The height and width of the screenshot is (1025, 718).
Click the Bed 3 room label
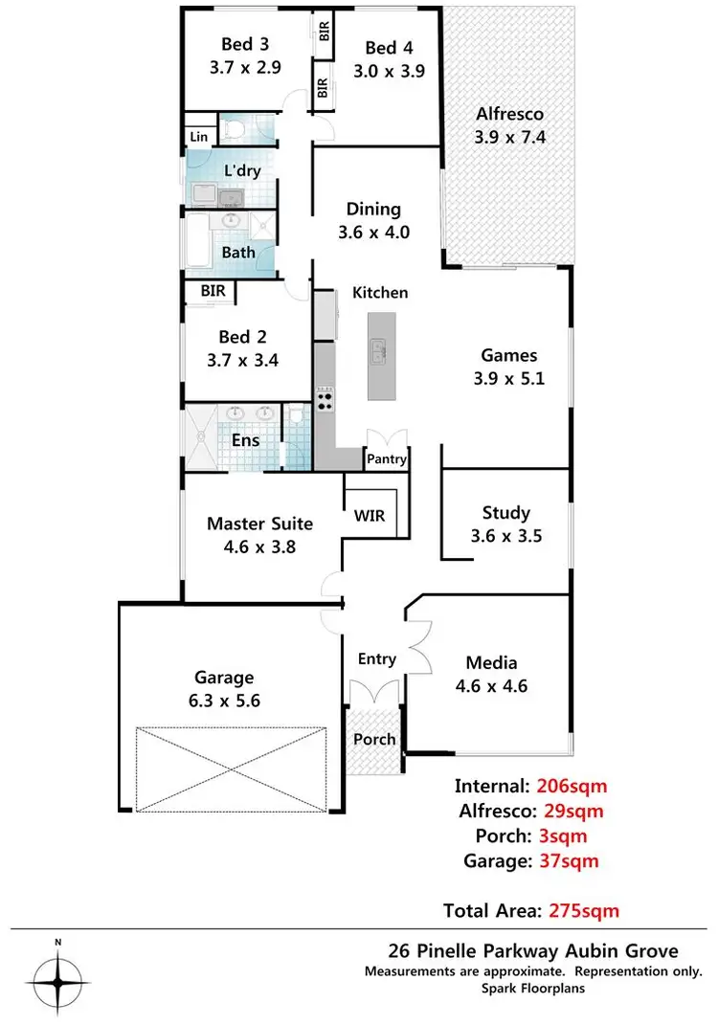pos(237,44)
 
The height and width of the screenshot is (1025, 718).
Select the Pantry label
pos(387,459)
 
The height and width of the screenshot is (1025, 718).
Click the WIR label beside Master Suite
pos(370,517)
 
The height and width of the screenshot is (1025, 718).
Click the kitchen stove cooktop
pos(325,400)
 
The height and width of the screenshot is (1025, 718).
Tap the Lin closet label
pos(199,138)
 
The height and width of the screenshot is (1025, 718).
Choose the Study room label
pos(506,513)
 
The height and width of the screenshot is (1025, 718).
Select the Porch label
pos(374,739)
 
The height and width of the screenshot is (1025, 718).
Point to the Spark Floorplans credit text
pos(533,990)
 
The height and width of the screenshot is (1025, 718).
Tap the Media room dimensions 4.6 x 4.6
pos(491,685)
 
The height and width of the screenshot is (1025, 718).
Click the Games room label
pos(508,355)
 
